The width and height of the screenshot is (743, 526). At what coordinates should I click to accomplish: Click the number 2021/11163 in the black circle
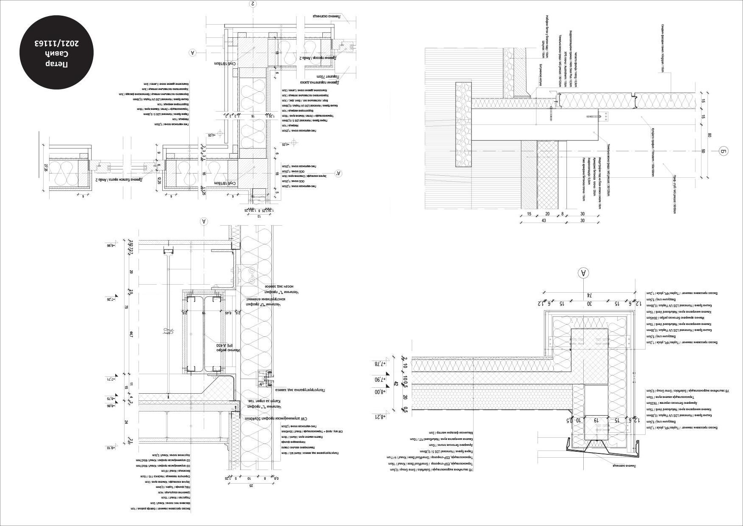[57, 43]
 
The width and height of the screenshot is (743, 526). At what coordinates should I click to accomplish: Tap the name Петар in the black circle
[57, 64]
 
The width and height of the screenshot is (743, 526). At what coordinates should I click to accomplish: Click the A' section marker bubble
[338, 173]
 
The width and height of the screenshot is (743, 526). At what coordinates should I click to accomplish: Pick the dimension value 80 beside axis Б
[709, 136]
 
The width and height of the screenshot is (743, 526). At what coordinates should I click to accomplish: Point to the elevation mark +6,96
[111, 245]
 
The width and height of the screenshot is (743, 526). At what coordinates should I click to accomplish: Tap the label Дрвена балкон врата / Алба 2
[120, 180]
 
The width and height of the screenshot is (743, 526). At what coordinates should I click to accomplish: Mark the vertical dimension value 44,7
[131, 335]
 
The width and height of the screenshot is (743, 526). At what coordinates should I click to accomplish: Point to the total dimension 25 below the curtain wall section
[251, 485]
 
